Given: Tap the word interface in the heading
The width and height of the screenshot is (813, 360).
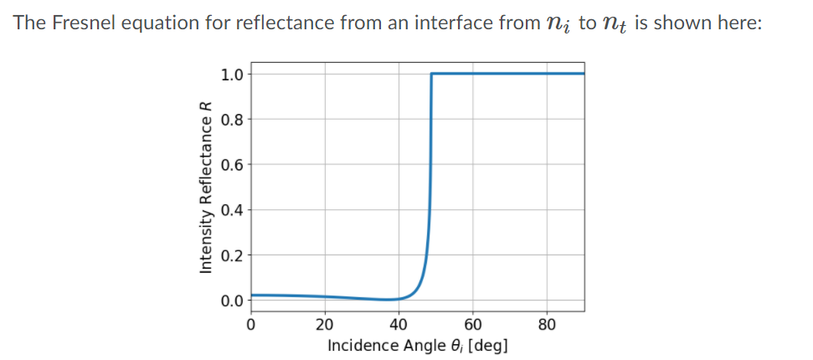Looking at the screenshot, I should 449,23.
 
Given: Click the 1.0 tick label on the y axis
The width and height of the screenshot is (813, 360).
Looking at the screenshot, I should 232,74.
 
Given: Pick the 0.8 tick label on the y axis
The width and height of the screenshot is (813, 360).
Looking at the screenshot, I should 232,119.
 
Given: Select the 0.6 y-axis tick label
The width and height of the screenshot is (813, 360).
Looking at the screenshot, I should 232,164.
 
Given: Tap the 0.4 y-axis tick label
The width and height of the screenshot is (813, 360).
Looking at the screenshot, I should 232,209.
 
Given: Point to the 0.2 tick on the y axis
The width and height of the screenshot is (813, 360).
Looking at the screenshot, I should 232,255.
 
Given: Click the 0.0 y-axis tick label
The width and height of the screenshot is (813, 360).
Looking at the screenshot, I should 232,300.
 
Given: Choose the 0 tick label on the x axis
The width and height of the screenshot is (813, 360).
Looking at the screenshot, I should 250,324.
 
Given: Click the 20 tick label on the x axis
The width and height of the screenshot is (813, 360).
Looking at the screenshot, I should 325,324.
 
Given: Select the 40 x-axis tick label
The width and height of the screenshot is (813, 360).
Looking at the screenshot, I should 399,324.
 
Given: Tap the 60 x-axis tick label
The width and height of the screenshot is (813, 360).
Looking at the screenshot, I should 472,324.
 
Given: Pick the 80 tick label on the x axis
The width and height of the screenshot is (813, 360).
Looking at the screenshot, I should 547,324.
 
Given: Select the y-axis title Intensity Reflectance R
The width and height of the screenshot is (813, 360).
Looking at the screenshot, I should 203,188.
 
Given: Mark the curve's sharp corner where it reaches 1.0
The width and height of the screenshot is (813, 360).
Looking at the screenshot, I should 431,74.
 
